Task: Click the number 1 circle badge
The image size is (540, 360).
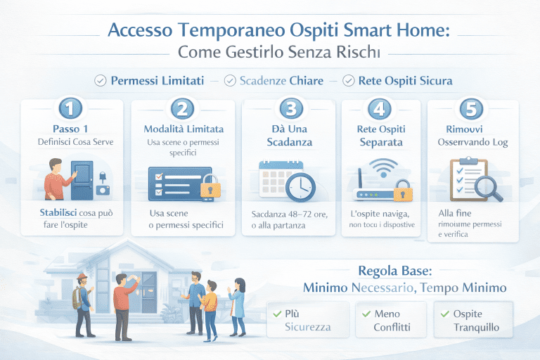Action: [x=72, y=109]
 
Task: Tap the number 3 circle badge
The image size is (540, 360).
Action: [x=290, y=109]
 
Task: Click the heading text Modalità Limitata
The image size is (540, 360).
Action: [x=184, y=129]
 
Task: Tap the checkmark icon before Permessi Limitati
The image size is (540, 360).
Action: [x=100, y=81]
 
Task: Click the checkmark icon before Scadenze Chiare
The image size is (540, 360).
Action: [x=229, y=81]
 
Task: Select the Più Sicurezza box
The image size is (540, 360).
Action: [x=307, y=320]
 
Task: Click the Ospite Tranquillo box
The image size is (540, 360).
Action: [x=473, y=320]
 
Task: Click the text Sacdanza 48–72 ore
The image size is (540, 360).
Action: [x=290, y=214]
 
